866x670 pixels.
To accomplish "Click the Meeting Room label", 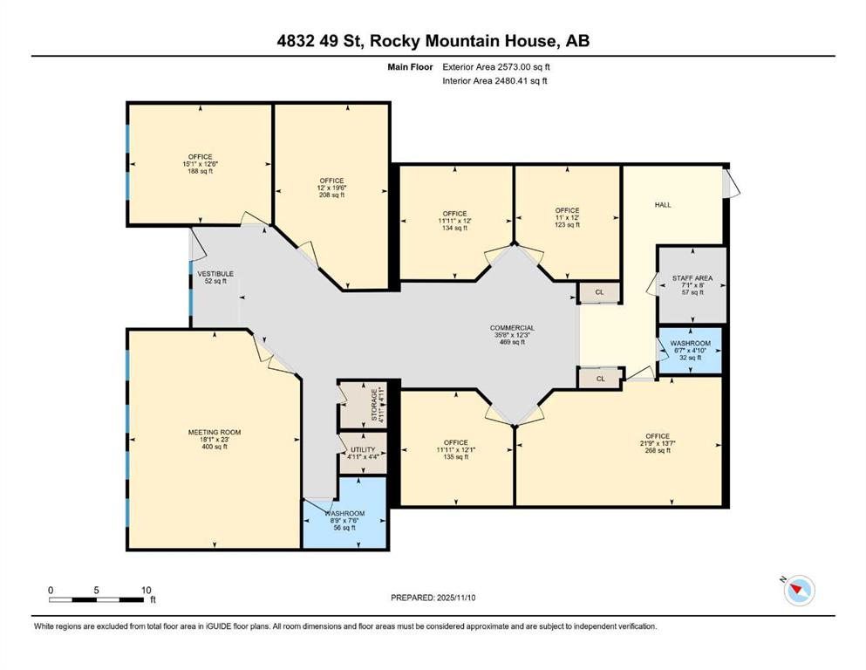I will [x=214, y=432].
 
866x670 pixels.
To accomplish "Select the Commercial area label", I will [x=512, y=328].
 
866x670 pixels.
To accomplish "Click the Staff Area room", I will [x=692, y=278].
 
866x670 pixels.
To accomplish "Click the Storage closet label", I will [x=374, y=405].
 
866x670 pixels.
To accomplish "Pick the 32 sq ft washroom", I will [x=690, y=344].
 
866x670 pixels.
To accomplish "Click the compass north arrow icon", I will [x=798, y=591].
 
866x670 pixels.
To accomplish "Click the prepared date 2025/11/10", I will [x=433, y=598].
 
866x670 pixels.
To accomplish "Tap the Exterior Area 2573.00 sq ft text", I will [x=496, y=66].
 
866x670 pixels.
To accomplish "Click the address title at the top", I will [x=433, y=41].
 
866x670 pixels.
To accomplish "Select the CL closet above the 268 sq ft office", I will [x=600, y=379].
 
